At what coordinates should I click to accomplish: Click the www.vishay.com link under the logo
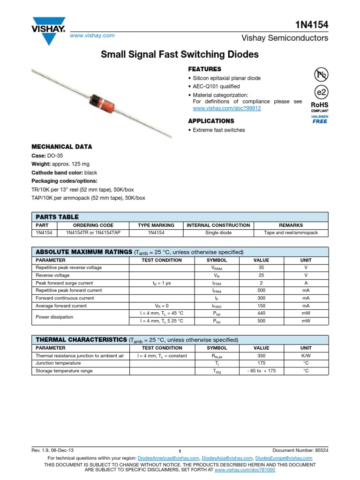[x=92, y=36]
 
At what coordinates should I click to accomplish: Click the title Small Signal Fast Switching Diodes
[x=180, y=54]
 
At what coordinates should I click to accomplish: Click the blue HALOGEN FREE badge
[x=320, y=119]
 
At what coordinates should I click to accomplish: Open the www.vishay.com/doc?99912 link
[x=227, y=108]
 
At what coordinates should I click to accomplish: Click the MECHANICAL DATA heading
[x=61, y=147]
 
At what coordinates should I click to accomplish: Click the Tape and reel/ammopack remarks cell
[x=291, y=232]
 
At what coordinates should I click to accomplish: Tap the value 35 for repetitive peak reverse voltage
[x=261, y=268]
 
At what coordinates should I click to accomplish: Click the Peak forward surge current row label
[x=64, y=283]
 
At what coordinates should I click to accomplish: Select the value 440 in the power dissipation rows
[x=261, y=313]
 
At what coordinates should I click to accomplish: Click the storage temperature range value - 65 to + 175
[x=261, y=371]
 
